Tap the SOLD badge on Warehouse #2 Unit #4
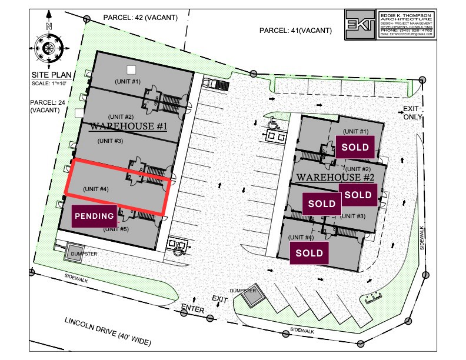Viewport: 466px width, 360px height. [309, 253]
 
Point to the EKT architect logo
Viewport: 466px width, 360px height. [360, 24]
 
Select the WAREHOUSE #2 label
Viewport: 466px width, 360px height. [335, 177]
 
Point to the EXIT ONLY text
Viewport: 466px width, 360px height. [410, 112]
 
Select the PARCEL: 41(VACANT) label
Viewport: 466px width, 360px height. [296, 31]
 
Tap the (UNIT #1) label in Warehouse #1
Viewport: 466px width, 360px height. [128, 81]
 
